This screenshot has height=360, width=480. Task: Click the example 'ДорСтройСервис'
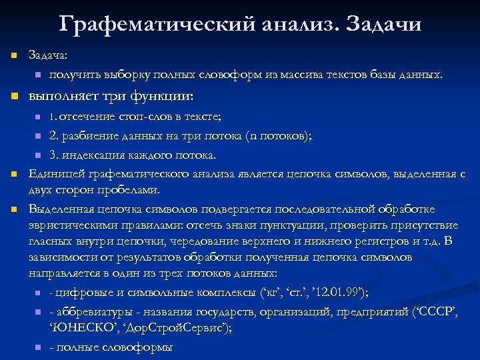tap(175, 327)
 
